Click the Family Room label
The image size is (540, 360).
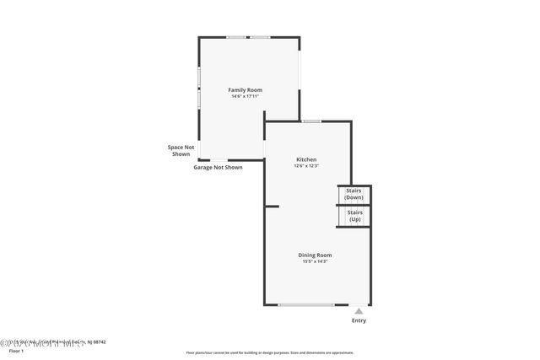[245, 89]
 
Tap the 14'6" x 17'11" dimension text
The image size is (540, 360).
[245, 96]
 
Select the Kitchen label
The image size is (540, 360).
[305, 159]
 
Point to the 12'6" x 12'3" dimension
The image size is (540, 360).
[305, 166]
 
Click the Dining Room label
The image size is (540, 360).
[314, 255]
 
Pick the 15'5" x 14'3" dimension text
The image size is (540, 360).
[314, 261]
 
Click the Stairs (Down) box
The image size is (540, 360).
[354, 195]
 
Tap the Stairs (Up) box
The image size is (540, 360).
[354, 216]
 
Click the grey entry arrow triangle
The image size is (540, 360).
[359, 311]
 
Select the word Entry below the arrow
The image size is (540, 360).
[359, 320]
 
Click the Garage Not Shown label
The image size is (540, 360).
[218, 167]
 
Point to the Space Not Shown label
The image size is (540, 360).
[181, 150]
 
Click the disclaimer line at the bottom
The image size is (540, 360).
[269, 352]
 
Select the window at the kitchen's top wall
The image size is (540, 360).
[312, 121]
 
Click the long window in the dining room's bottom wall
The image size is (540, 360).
[305, 304]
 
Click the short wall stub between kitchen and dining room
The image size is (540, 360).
[272, 206]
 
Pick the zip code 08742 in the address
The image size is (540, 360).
[100, 341]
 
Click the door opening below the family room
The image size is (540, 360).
[219, 159]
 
